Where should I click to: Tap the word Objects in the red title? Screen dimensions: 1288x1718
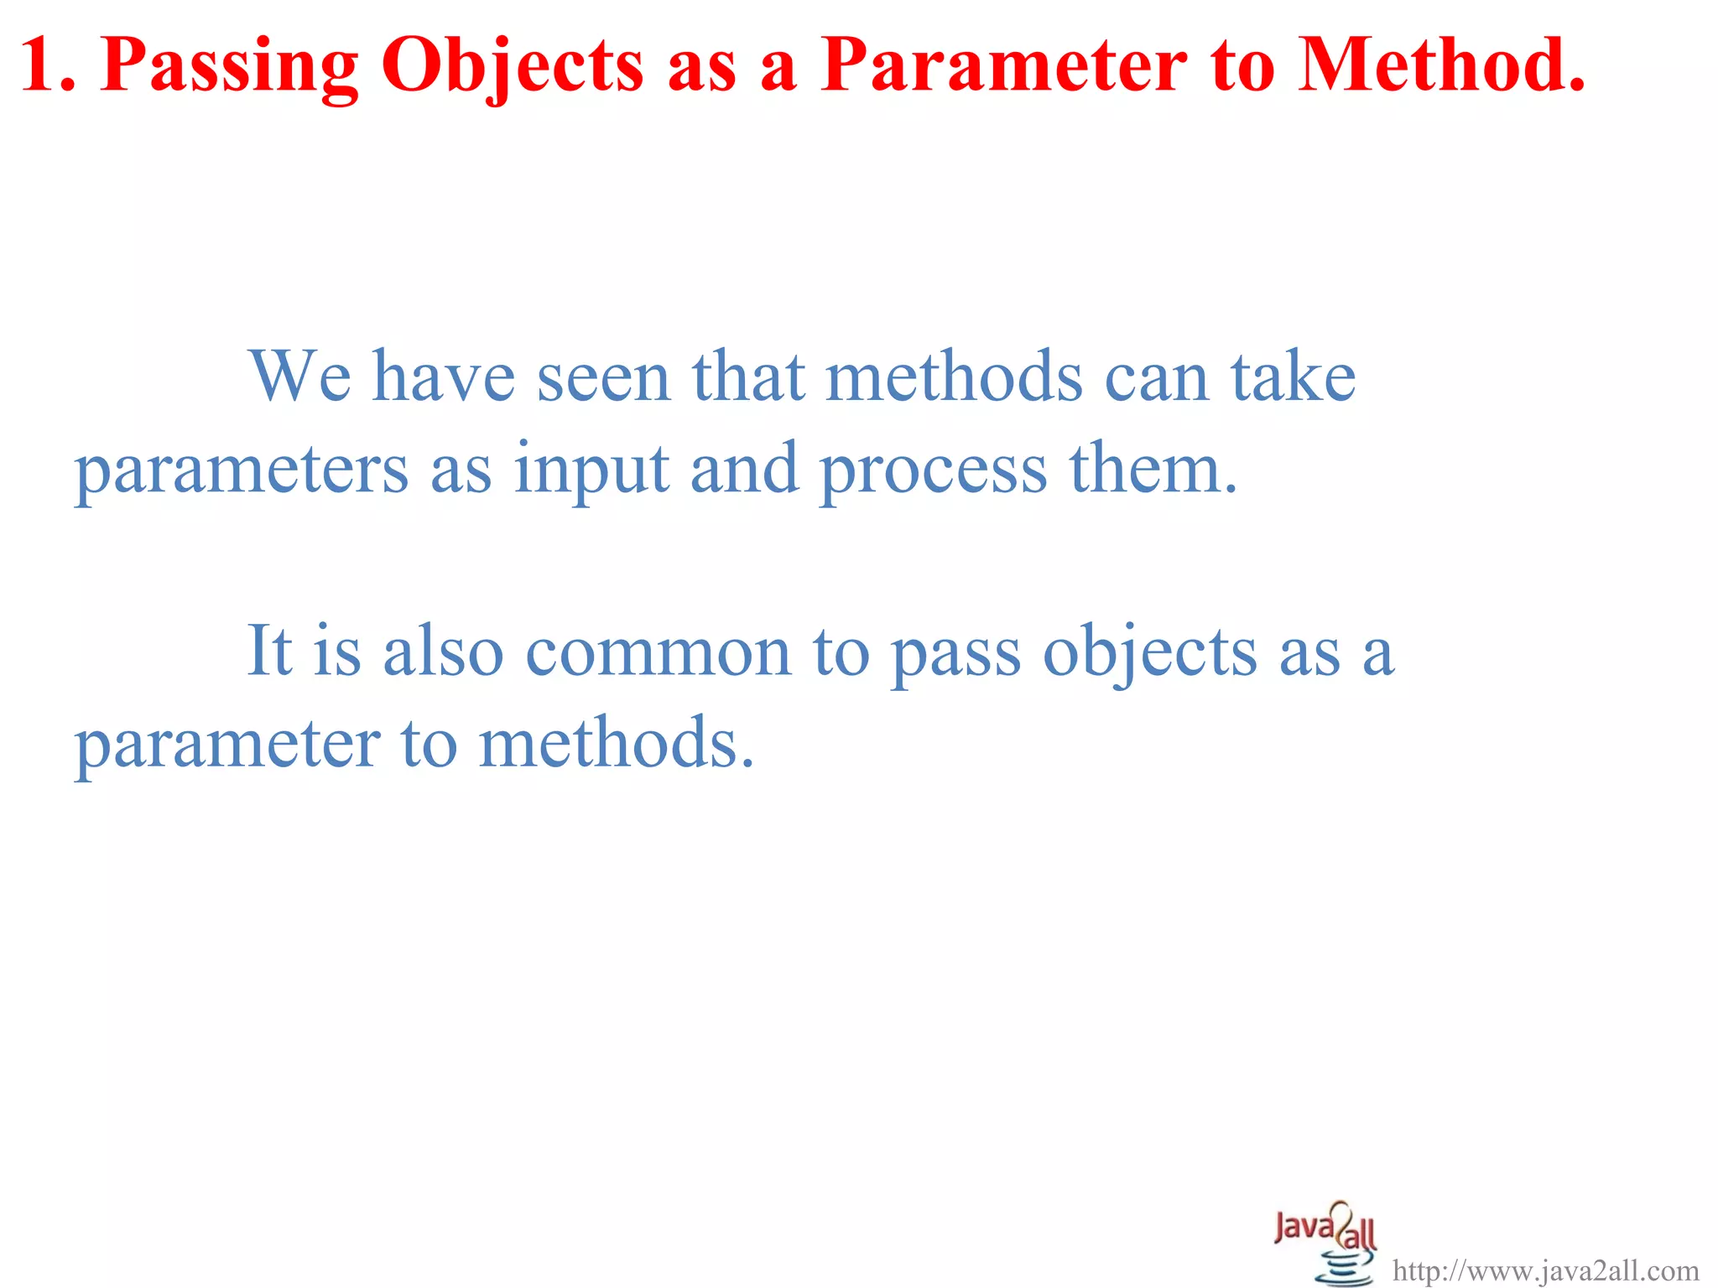[512, 65]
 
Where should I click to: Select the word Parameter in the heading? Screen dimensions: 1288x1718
[1003, 65]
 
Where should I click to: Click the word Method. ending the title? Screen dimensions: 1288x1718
[1442, 65]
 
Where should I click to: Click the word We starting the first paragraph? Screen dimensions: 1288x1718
[299, 377]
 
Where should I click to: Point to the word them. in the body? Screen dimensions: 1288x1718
[1153, 470]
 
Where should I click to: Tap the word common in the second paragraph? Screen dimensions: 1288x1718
[659, 652]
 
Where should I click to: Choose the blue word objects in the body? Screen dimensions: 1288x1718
[1150, 652]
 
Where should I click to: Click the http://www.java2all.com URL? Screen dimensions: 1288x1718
[1545, 1271]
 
